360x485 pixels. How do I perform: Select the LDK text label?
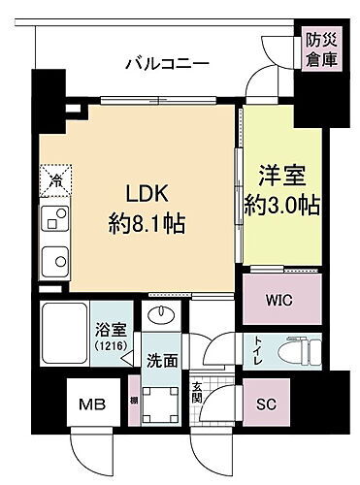[147, 193]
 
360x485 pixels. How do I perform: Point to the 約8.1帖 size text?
[147, 223]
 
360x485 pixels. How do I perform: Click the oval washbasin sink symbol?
[161, 317]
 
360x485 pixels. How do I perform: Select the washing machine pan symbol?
[160, 401]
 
